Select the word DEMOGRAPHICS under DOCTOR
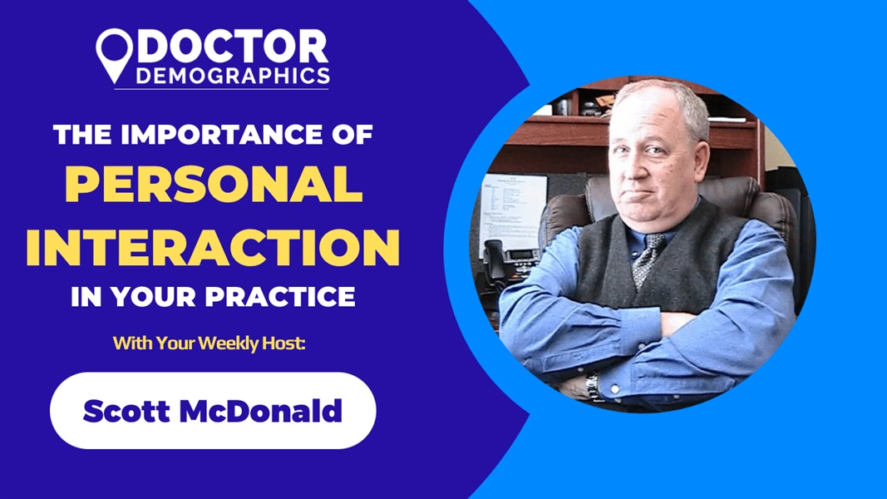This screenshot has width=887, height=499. pos(232,77)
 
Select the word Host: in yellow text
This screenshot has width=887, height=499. pos(287,342)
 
